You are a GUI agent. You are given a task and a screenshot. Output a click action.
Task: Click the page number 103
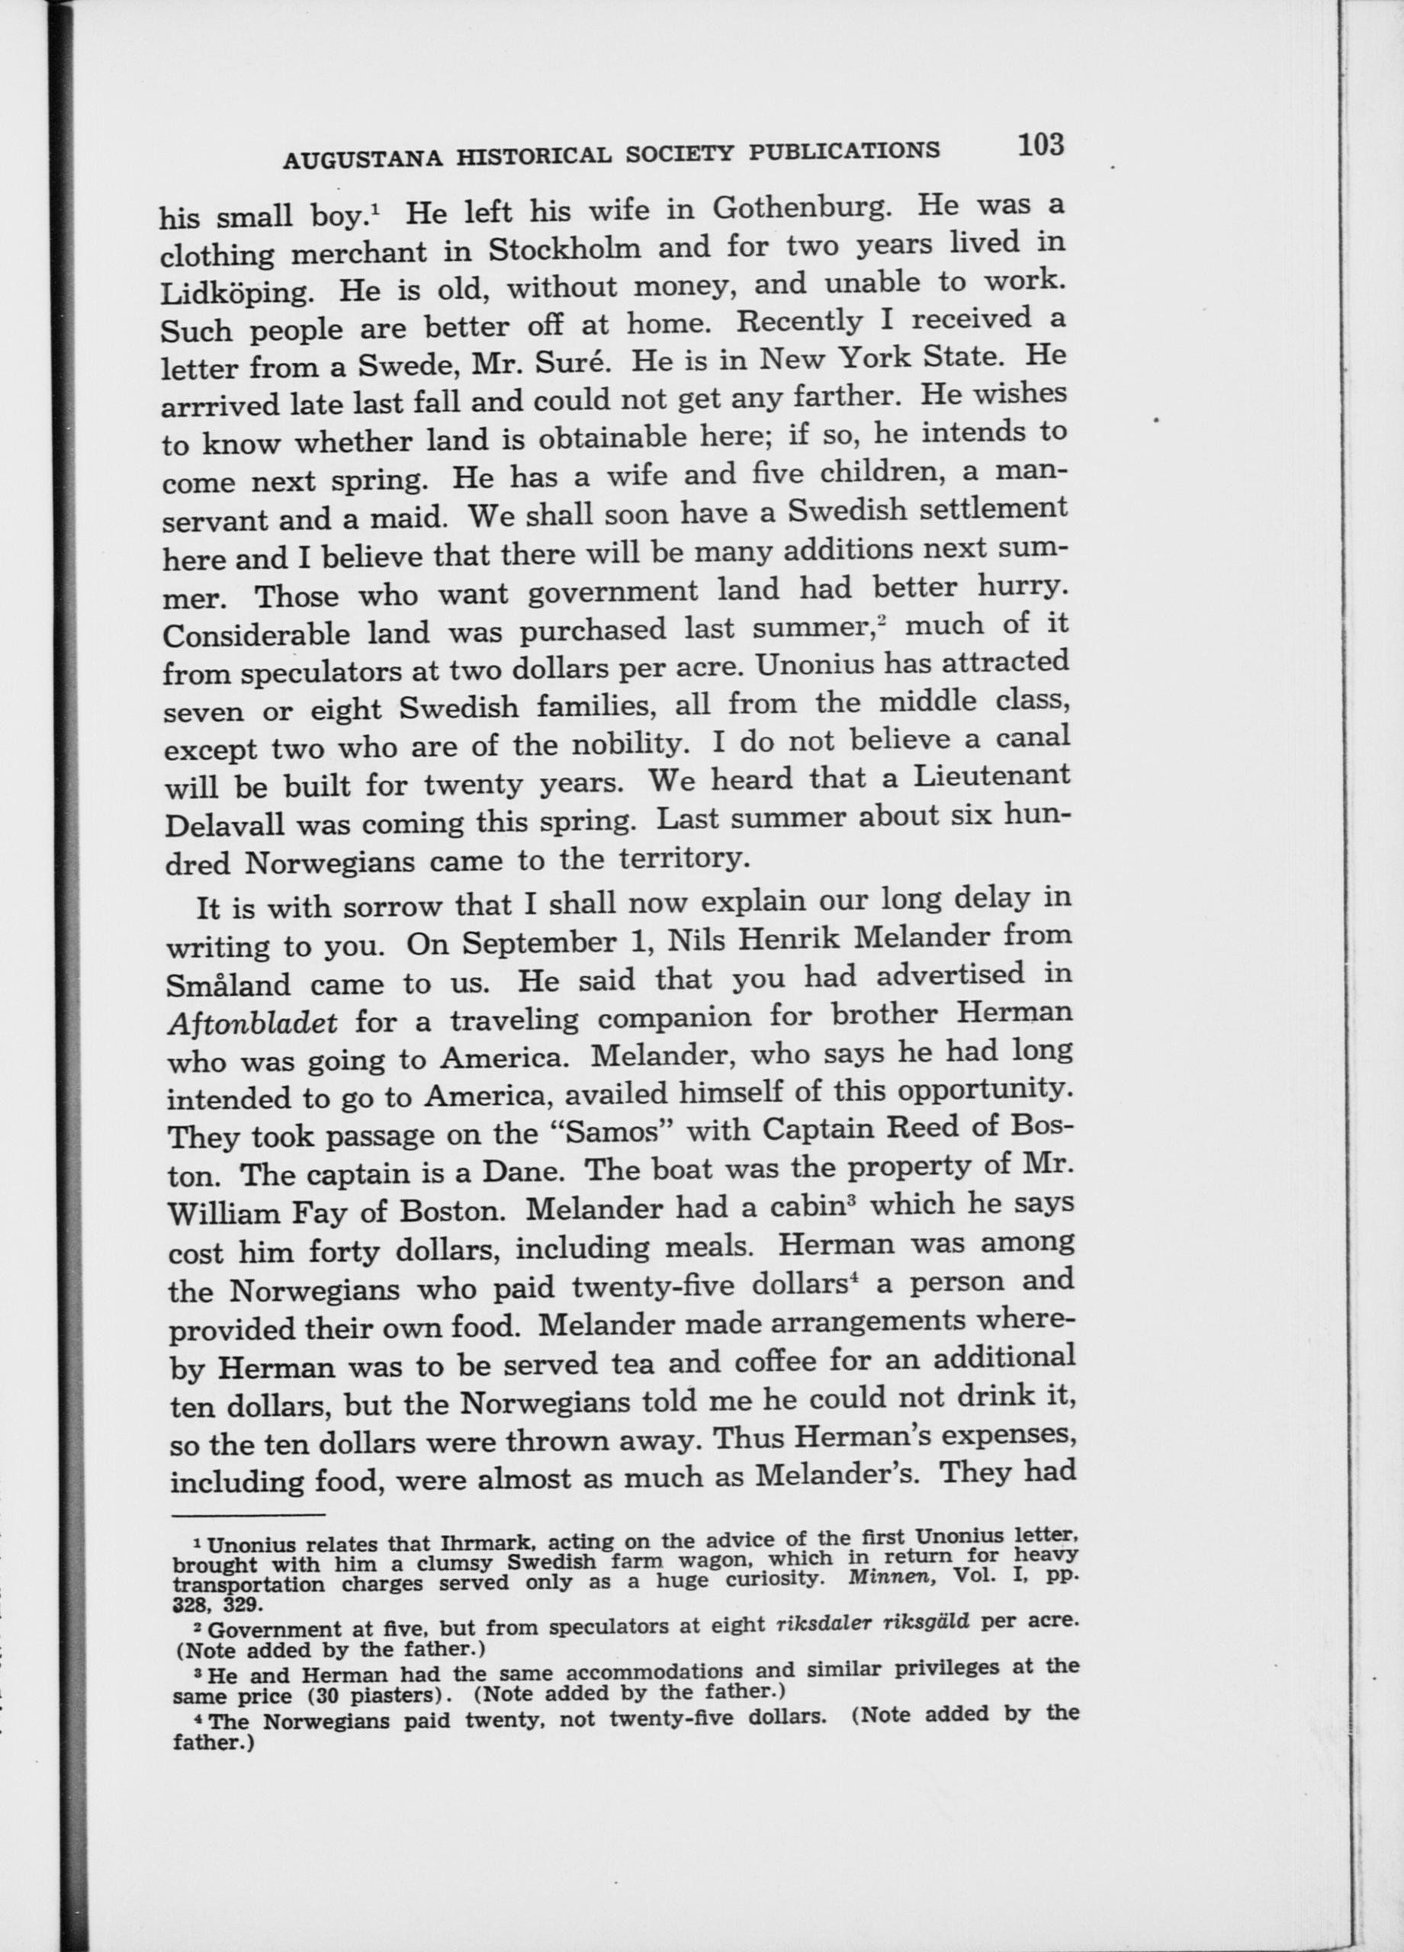click(1040, 145)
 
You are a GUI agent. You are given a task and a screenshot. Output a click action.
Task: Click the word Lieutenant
click(992, 775)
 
